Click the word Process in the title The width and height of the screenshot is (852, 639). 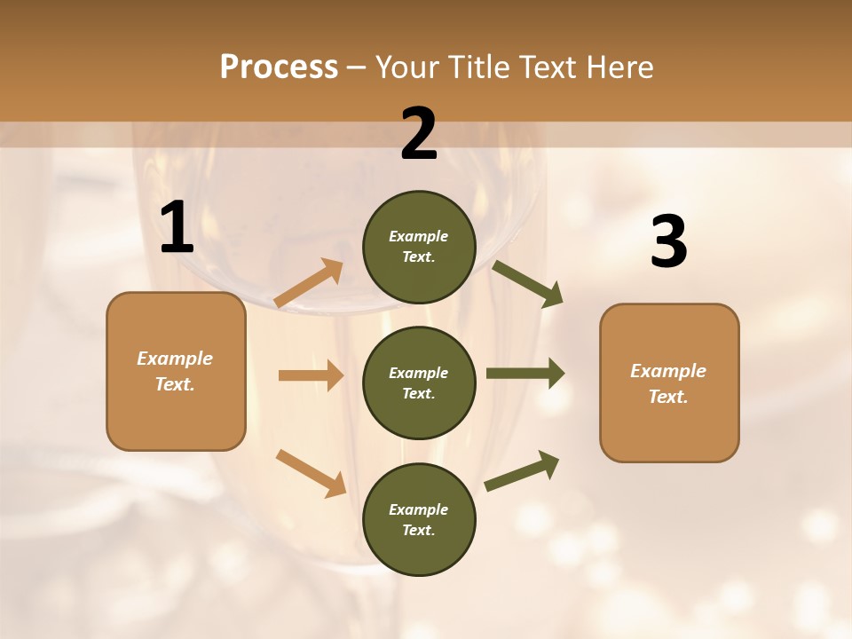click(x=279, y=67)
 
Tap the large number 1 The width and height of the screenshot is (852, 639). click(x=177, y=228)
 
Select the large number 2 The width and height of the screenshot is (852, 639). click(x=419, y=134)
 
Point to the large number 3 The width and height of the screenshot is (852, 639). click(x=668, y=242)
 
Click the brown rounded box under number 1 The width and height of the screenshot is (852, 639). click(x=176, y=371)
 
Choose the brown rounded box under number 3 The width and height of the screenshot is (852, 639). click(x=669, y=383)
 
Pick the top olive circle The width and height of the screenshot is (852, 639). click(x=419, y=247)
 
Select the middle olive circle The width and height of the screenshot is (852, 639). click(x=419, y=383)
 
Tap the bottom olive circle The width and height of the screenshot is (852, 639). click(x=419, y=519)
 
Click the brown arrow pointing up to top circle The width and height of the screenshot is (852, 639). click(x=309, y=283)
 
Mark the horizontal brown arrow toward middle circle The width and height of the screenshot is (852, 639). click(x=311, y=375)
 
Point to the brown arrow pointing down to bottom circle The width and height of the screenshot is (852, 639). click(x=311, y=473)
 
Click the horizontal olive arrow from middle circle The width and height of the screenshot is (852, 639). click(x=525, y=374)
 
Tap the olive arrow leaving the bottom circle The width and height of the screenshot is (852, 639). click(x=522, y=470)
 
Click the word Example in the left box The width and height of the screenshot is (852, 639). click(x=175, y=359)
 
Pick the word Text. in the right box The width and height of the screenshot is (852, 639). click(x=668, y=397)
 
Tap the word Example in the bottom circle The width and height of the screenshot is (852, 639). click(x=419, y=509)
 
